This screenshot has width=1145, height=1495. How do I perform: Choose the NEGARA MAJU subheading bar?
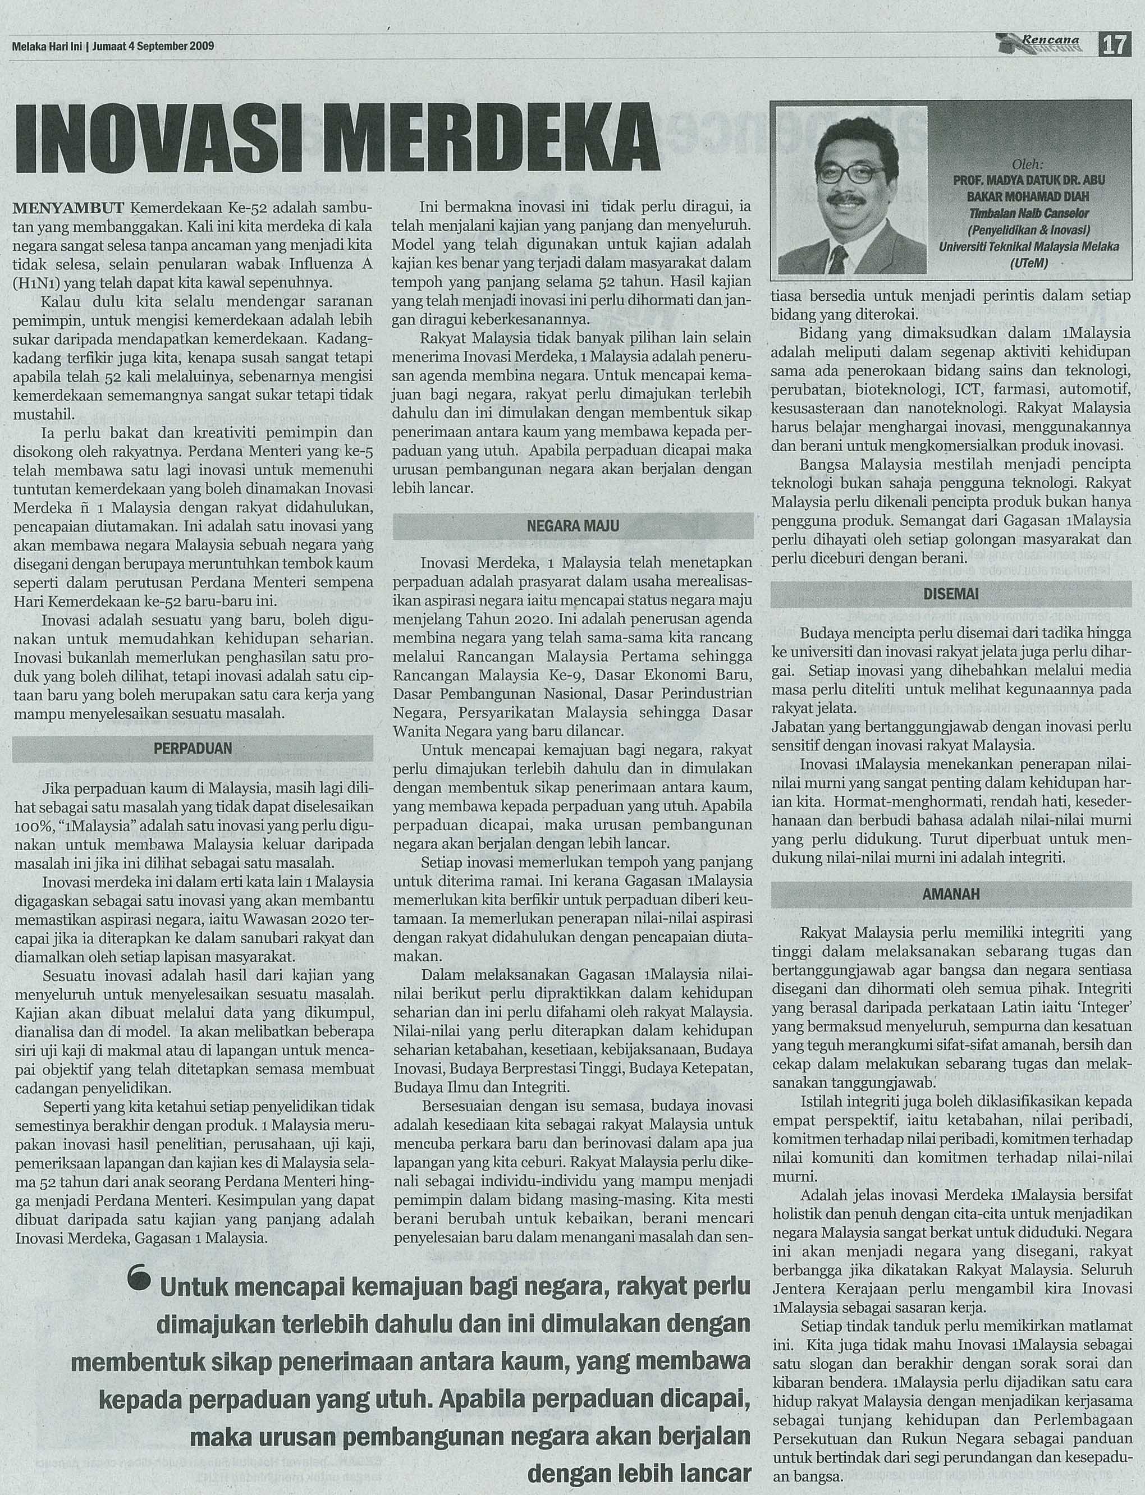pos(573,526)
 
